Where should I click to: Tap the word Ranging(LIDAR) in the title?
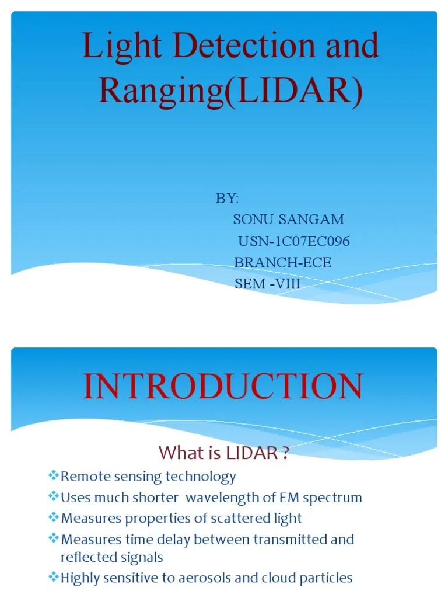click(x=230, y=91)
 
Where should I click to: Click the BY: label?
click(x=227, y=199)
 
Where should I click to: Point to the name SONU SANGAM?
click(x=288, y=220)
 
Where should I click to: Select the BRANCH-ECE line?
click(x=282, y=263)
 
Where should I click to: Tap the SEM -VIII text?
click(x=267, y=284)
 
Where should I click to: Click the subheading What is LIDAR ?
click(x=225, y=453)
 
